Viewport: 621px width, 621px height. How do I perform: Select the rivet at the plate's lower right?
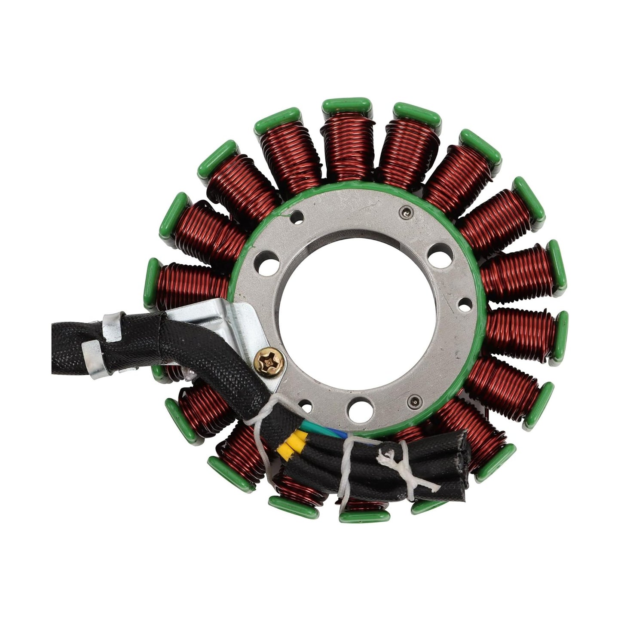(x=413, y=401)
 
